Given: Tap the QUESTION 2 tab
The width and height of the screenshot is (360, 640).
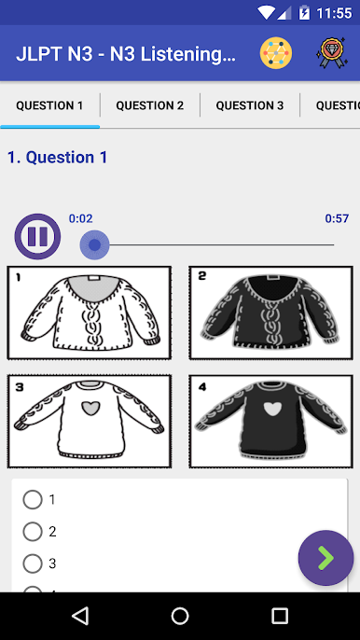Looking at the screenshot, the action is pyautogui.click(x=150, y=105).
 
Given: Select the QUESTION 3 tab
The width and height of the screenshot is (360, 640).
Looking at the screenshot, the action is pyautogui.click(x=250, y=105).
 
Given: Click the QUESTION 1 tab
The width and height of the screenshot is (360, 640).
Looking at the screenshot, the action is pyautogui.click(x=49, y=105).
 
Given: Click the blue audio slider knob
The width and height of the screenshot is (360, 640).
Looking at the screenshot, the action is pyautogui.click(x=95, y=244).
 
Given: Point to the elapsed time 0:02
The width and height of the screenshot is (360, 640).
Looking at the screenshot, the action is pyautogui.click(x=81, y=218).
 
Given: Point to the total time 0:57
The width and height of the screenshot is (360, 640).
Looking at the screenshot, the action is pyautogui.click(x=337, y=218).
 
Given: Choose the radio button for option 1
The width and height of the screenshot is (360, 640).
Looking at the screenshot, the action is pyautogui.click(x=33, y=500).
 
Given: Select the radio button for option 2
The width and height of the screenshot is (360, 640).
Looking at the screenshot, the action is pyautogui.click(x=33, y=532).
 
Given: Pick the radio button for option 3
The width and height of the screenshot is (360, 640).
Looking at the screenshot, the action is pyautogui.click(x=33, y=563).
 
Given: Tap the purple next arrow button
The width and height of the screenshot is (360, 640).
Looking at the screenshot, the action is pyautogui.click(x=325, y=558).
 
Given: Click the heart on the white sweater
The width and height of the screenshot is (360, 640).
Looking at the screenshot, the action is pyautogui.click(x=90, y=408).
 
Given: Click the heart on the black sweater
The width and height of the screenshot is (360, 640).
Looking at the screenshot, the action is pyautogui.click(x=272, y=409).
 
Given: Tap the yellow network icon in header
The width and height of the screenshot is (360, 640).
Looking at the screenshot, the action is pyautogui.click(x=276, y=53).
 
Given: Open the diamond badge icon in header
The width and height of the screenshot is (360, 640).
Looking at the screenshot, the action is pyautogui.click(x=331, y=52).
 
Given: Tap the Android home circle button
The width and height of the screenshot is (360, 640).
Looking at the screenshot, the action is pyautogui.click(x=180, y=616).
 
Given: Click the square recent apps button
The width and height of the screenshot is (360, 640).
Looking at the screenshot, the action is pyautogui.click(x=280, y=616).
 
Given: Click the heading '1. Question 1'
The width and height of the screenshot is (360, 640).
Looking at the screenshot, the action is pyautogui.click(x=58, y=157).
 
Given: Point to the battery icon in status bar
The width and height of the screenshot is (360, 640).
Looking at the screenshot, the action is pyautogui.click(x=304, y=13).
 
